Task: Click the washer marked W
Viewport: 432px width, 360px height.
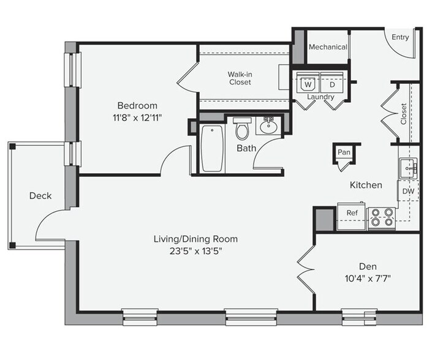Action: (308, 83)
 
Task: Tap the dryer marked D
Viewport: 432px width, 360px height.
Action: (332, 83)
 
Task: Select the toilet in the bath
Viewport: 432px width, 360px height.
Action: (242, 128)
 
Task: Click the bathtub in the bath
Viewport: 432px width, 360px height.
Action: (212, 148)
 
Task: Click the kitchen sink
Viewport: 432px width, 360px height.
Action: (408, 168)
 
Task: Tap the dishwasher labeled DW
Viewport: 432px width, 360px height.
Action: (408, 191)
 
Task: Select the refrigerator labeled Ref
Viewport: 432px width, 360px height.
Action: (352, 216)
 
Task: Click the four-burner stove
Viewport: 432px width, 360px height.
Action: (382, 219)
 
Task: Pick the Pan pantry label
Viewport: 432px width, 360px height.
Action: (344, 152)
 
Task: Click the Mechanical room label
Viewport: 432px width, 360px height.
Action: (328, 47)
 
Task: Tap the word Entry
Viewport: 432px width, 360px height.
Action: (400, 37)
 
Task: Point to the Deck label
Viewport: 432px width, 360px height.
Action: (40, 196)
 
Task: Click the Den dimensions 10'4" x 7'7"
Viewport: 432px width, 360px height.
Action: (368, 279)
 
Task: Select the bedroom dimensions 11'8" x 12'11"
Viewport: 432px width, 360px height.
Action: (137, 118)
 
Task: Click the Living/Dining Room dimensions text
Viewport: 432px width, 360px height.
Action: (195, 251)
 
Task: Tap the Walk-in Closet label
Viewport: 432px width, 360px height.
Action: (240, 78)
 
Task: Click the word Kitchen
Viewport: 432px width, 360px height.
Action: (366, 185)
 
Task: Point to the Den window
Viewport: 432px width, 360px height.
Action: (359, 317)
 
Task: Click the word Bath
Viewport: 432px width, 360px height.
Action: (246, 148)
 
